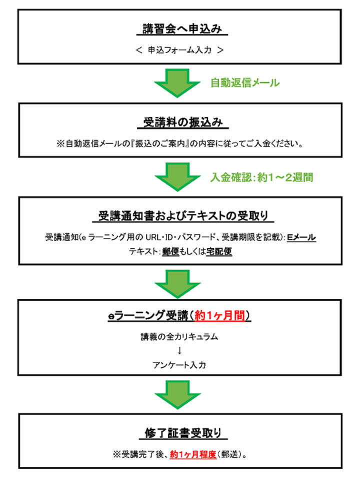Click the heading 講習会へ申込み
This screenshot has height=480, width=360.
point(182,29)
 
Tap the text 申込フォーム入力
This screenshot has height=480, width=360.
point(179,50)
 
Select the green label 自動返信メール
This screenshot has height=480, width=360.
point(245,82)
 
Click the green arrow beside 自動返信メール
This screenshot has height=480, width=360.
point(177,83)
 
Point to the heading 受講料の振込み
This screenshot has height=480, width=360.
point(183,122)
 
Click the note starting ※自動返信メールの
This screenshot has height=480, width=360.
point(179,143)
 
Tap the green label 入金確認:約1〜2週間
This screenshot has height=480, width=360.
point(261,177)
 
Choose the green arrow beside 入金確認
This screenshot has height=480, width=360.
point(177,177)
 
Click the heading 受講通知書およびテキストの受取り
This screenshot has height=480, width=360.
point(183,216)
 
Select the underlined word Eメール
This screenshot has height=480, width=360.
point(301,237)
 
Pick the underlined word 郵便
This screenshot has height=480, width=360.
point(170,251)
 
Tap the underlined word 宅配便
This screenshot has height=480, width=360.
point(219,251)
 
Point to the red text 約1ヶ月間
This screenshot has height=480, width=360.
point(220,315)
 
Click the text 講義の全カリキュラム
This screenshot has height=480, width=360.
point(179,336)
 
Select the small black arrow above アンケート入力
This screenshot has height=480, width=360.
point(179,350)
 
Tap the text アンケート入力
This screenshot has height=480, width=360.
point(179,365)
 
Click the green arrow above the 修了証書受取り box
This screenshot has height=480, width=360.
point(177,395)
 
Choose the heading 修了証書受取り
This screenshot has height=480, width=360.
point(183,433)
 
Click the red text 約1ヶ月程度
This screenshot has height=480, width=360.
point(193,454)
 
